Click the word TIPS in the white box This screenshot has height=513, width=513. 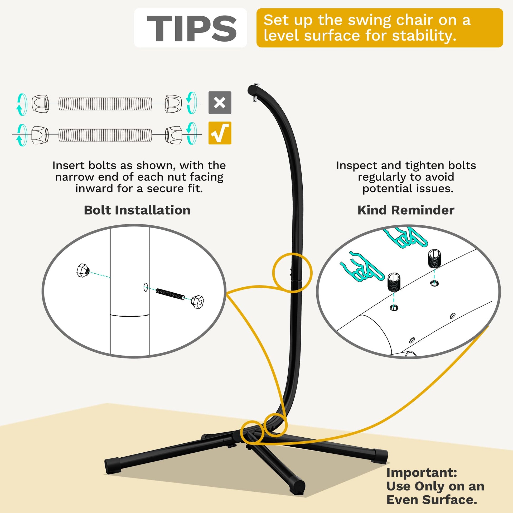191,28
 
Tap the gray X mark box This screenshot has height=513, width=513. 220,103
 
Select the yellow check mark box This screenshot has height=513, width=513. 220,133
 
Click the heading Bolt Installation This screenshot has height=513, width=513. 137,210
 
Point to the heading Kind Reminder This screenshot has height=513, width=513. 406,210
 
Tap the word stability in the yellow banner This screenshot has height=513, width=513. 424,36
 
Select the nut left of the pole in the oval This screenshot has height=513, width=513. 83,270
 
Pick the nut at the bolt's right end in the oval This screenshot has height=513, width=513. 197,302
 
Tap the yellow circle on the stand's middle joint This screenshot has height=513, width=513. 292,273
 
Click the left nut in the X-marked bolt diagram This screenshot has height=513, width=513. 40,104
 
